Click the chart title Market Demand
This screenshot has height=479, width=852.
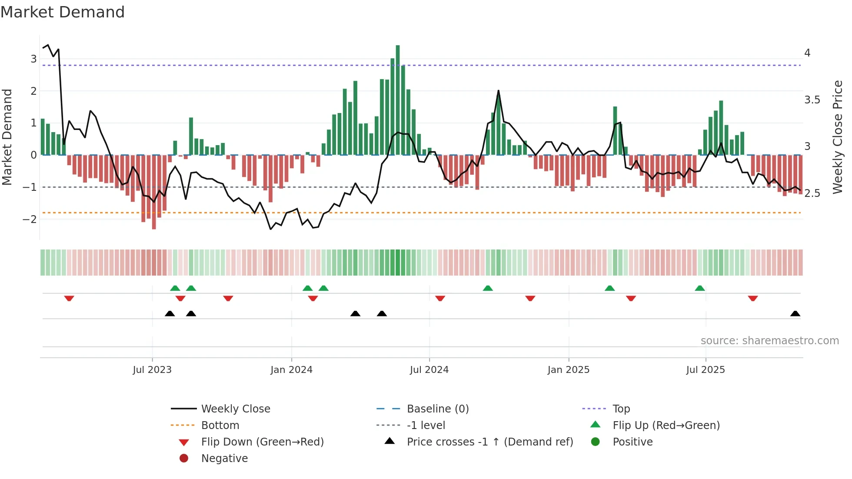point(63,12)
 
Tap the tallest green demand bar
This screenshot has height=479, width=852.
point(398,100)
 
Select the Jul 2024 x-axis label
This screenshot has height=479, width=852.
point(429,370)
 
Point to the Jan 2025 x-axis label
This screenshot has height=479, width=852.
point(568,370)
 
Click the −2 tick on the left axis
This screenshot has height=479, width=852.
point(30,219)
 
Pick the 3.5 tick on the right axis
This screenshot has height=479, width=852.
point(812,100)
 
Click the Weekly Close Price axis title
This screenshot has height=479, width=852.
point(838,137)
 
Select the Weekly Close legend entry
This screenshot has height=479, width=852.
point(235,409)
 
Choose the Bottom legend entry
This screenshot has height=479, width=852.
point(220,425)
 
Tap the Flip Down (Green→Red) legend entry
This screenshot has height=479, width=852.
point(262,442)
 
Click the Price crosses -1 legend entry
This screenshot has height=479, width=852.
point(489,442)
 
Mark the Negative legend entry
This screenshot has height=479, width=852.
point(224,458)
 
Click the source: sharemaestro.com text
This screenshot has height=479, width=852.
point(769,340)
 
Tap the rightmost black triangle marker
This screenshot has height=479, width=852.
point(795,314)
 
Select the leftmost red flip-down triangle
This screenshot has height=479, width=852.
point(69,298)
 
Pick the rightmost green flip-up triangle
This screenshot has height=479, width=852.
point(699,288)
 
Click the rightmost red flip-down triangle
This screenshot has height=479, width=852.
point(753,298)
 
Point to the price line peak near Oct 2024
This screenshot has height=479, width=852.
point(498,91)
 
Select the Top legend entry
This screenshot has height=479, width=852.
point(621,409)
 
